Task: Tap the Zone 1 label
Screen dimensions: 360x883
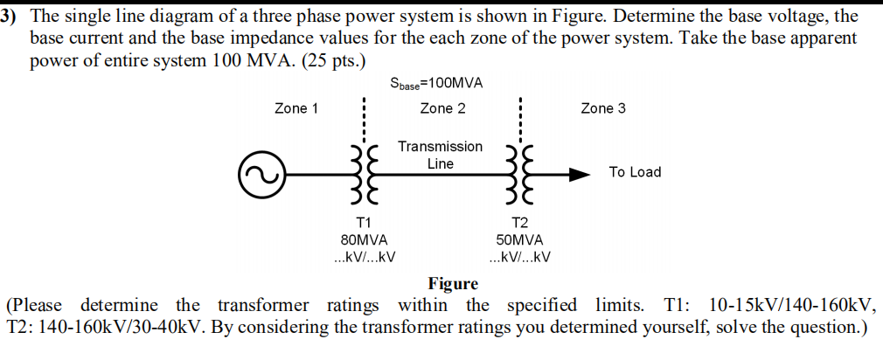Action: click(296, 108)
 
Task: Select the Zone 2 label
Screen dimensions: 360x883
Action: click(442, 108)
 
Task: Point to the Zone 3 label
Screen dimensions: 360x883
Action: click(603, 108)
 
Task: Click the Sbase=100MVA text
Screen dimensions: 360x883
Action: click(436, 83)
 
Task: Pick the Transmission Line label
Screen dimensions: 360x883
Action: click(440, 155)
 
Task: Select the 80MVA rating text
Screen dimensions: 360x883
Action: click(364, 239)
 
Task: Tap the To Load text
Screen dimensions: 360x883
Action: click(635, 172)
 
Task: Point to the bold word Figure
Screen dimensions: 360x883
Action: click(453, 283)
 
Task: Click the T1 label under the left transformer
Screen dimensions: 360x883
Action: click(364, 222)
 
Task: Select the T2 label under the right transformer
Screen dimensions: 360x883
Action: click(520, 222)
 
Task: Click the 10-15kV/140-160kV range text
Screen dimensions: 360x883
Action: click(791, 305)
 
